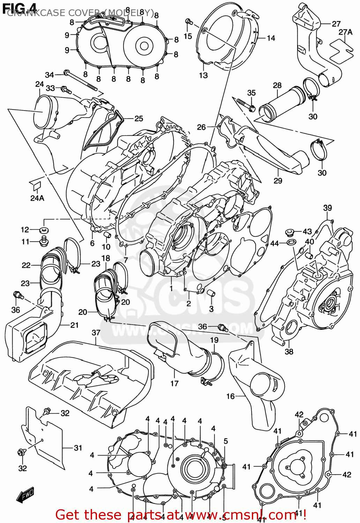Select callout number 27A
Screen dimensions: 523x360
pyautogui.click(x=345, y=32)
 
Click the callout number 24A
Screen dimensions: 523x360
pyautogui.click(x=37, y=198)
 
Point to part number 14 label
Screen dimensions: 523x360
pyautogui.click(x=271, y=38)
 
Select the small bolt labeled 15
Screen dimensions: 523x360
pyautogui.click(x=189, y=22)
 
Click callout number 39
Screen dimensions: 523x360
pyautogui.click(x=327, y=208)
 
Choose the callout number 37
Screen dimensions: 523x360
pyautogui.click(x=96, y=333)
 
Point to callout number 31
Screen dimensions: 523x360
pyautogui.click(x=78, y=448)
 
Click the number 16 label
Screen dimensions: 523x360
pyautogui.click(x=230, y=396)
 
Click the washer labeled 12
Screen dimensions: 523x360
pyautogui.click(x=44, y=230)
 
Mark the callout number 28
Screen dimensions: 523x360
pyautogui.click(x=277, y=85)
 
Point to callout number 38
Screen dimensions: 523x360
pyautogui.click(x=289, y=351)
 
